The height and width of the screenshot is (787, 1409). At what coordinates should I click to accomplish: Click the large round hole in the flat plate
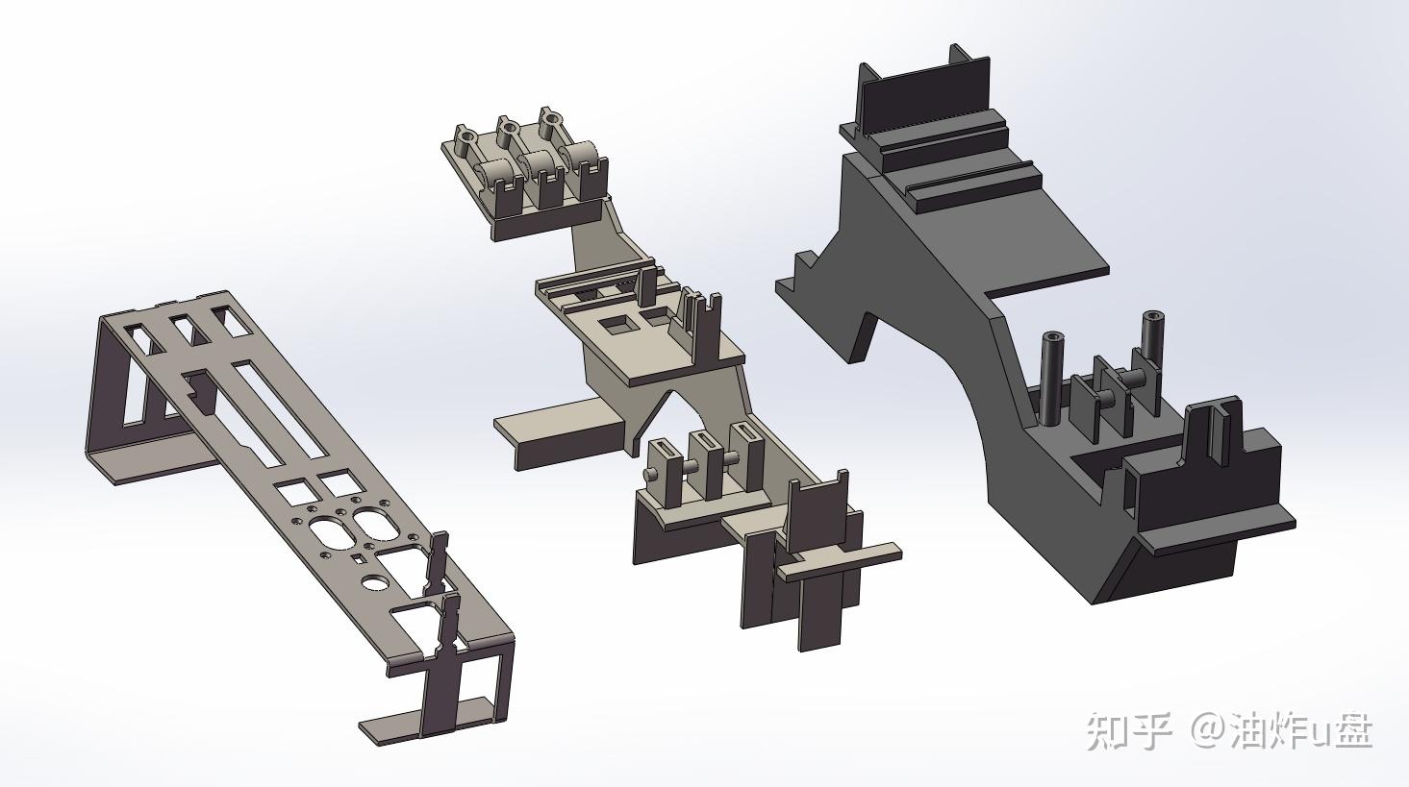click(x=376, y=582)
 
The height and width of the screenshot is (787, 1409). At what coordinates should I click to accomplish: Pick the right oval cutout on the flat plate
click(x=376, y=523)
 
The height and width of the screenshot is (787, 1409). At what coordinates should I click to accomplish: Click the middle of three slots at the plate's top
click(x=188, y=332)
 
